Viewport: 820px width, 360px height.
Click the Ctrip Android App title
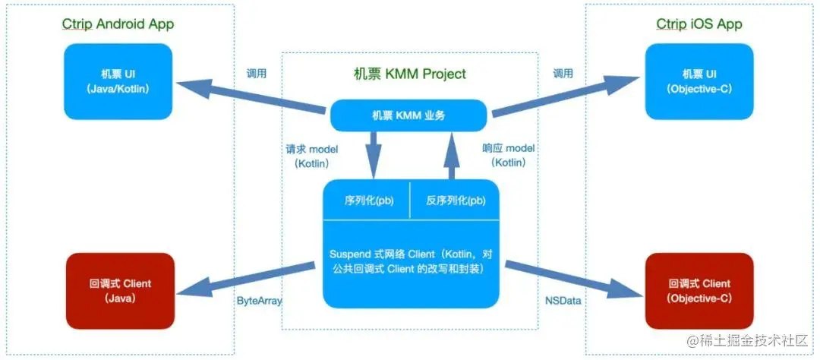pos(118,24)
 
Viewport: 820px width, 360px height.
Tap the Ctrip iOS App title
pos(699,24)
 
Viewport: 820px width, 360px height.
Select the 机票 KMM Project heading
pos(410,74)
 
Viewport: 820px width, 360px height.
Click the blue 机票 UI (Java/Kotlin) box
pos(119,81)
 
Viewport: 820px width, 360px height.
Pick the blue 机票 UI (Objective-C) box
pos(699,81)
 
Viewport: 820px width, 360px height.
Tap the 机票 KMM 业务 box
pos(408,116)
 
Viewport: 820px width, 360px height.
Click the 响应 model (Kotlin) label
pos(509,156)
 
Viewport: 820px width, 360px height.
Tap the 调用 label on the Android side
pos(257,74)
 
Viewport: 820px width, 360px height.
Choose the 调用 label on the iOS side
pos(563,74)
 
